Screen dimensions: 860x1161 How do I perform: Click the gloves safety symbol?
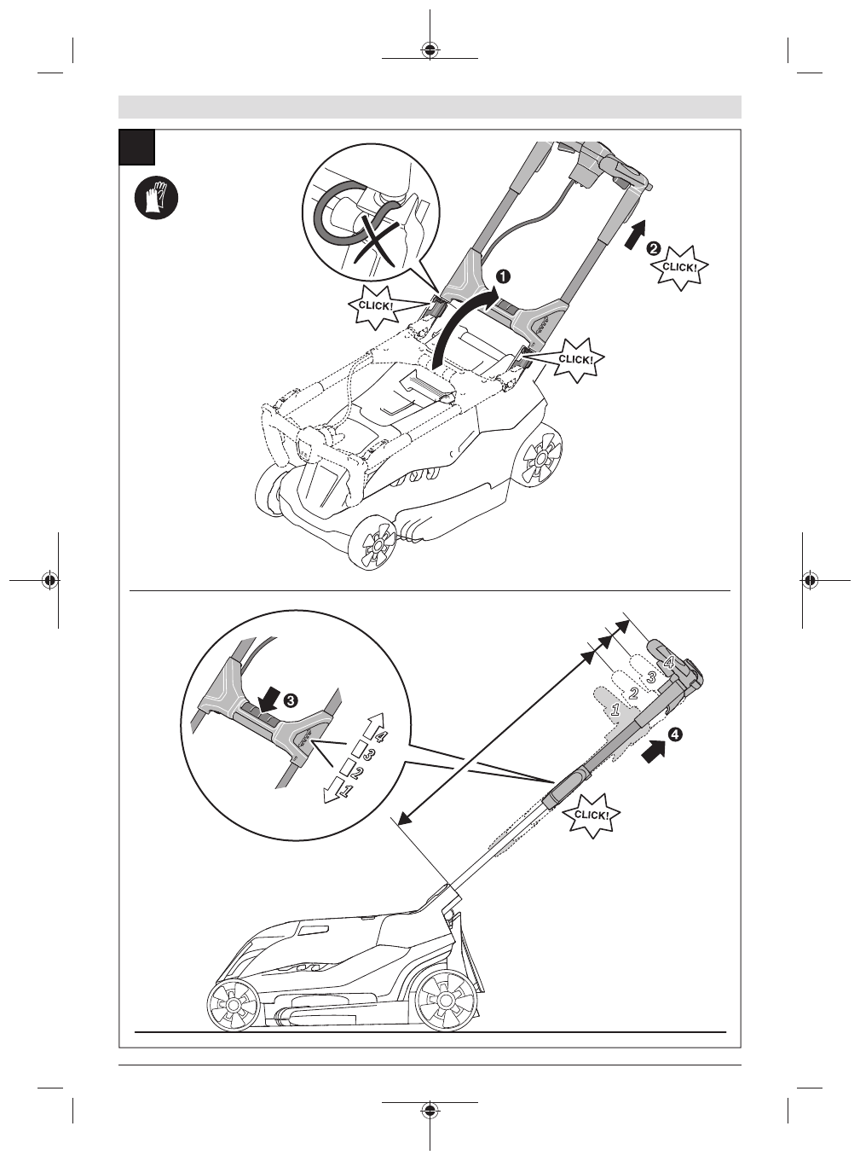(x=158, y=199)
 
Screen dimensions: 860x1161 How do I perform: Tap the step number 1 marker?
(x=504, y=276)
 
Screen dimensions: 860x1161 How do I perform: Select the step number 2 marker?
(x=653, y=248)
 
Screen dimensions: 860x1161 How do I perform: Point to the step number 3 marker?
(x=291, y=700)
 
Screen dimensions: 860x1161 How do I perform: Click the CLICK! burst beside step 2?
(x=679, y=266)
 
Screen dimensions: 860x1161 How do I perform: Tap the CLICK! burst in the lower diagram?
(x=592, y=815)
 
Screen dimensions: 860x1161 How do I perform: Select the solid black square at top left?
(x=136, y=147)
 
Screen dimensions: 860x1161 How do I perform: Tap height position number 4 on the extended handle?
(x=668, y=662)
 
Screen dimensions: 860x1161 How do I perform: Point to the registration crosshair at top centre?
(x=430, y=49)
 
